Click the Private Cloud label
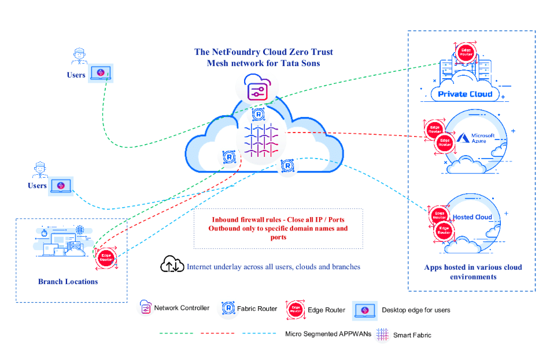point(465,94)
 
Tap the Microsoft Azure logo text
point(479,138)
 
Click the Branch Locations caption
point(68,282)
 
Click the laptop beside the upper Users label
point(101,73)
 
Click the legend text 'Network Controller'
point(182,308)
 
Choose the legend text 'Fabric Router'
point(257,308)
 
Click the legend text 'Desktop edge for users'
point(416,310)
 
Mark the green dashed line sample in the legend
point(176,333)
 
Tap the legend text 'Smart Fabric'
point(412,335)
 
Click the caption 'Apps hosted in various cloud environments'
point(473,272)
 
